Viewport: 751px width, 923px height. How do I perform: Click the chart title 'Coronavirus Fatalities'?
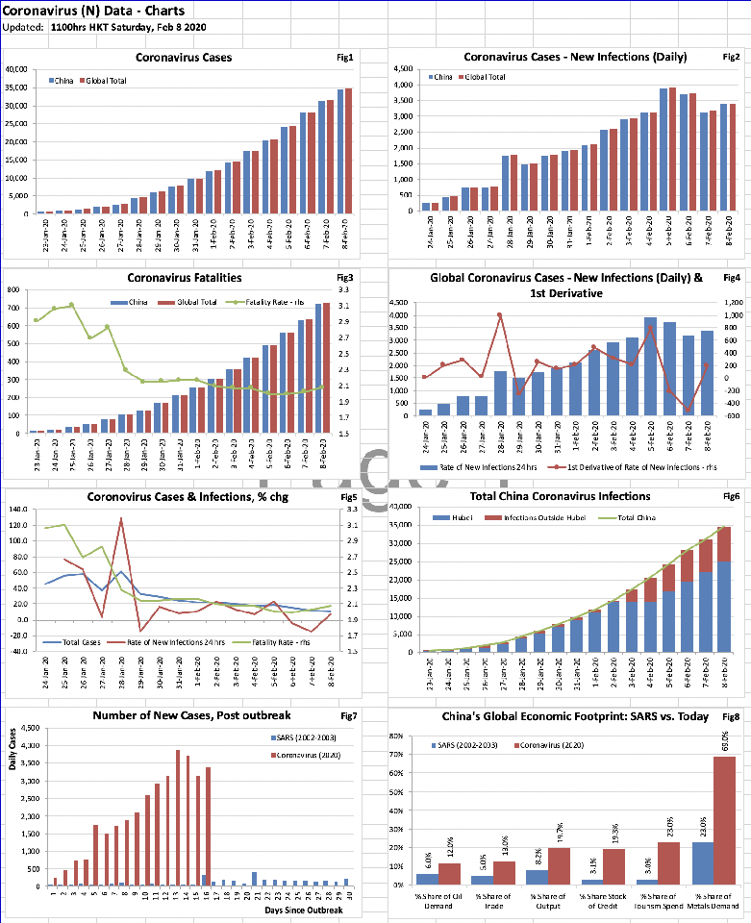[184, 278]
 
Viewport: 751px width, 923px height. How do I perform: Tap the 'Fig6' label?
[732, 496]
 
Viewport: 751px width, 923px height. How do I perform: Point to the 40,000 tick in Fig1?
[17, 69]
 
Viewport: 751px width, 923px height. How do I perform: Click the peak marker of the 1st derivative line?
[500, 314]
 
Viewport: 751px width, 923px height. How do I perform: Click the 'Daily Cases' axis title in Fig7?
[13, 776]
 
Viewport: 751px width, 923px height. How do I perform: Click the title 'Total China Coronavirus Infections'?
[560, 496]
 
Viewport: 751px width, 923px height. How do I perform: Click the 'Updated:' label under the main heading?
[23, 27]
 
